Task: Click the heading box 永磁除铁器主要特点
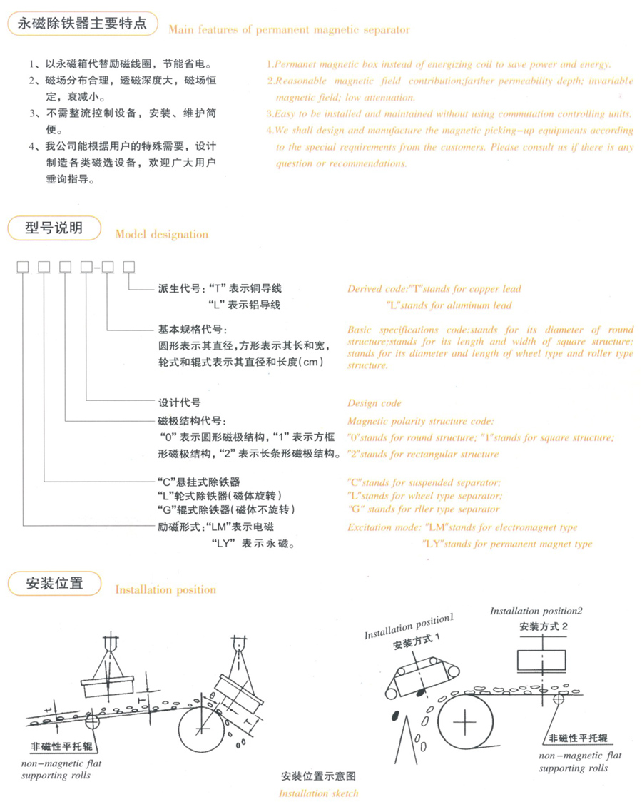(x=82, y=24)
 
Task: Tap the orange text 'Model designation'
(x=161, y=234)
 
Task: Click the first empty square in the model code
(x=23, y=267)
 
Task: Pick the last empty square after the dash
(x=129, y=267)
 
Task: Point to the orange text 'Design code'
(x=374, y=403)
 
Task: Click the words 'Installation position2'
(x=536, y=611)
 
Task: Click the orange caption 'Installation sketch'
(x=318, y=793)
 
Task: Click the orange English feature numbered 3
(x=449, y=114)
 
